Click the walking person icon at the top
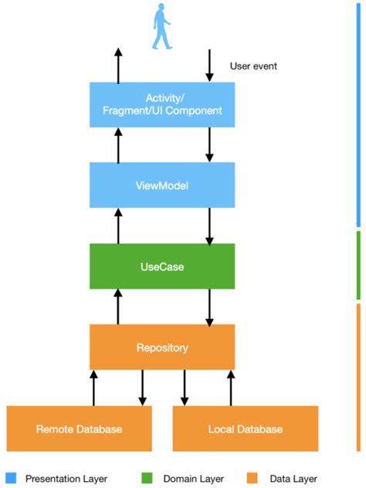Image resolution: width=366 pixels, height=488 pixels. pos(162,26)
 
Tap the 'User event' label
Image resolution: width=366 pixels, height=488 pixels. pos(253,66)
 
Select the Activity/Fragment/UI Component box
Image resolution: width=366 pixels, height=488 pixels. pos(162,104)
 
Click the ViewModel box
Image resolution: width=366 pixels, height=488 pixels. pos(162,185)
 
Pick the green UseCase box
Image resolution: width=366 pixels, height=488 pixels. pos(162,266)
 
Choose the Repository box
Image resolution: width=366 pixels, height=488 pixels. pos(162,347)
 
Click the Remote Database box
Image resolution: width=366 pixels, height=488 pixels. pos(79,429)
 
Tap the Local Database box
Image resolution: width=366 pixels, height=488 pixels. pos(245,429)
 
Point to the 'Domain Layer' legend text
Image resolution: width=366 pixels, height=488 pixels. pos(190,478)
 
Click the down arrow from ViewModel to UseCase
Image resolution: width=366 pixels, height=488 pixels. pos(209,225)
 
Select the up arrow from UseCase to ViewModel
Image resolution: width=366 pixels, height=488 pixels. pos(118,225)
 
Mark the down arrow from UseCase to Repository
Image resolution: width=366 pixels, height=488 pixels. pos(209,307)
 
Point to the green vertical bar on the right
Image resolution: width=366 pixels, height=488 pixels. pos(358,265)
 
